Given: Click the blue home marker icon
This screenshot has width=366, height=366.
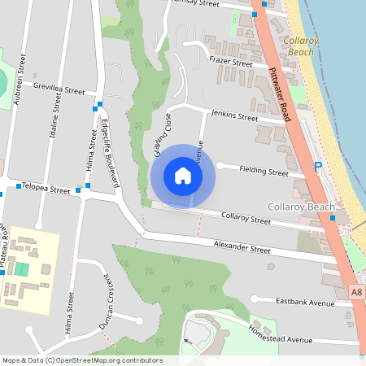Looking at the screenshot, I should coord(183,176).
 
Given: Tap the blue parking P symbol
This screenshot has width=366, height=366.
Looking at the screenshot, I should coord(318,167).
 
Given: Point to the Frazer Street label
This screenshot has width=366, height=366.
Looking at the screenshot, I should coord(231,62).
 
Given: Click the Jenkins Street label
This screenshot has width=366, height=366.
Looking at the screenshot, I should coord(234,116).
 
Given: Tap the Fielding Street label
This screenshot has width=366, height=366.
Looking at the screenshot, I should coord(264,172).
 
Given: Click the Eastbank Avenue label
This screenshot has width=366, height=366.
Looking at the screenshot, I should coord(305,303).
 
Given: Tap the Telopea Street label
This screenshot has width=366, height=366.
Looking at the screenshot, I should coord(46,189).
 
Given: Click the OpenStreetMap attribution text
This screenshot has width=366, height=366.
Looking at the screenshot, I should coord(82,360).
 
